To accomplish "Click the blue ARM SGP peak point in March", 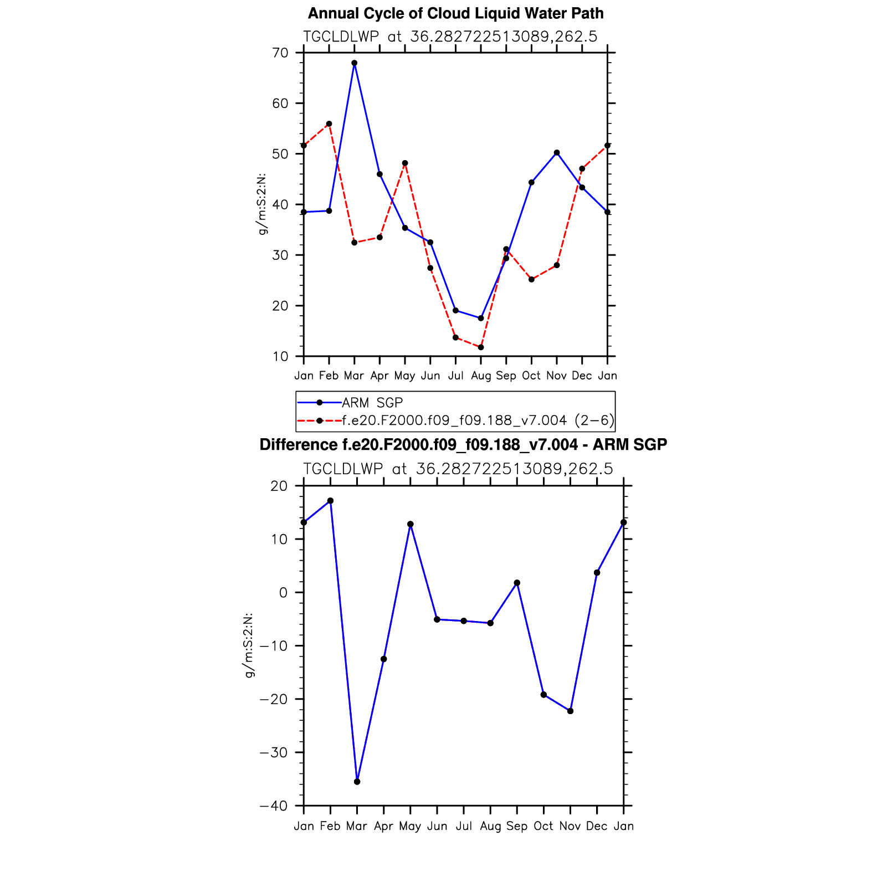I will point(355,63).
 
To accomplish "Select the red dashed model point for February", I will point(329,124).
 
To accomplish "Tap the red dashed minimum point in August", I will point(481,347).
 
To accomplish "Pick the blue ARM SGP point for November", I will point(557,153).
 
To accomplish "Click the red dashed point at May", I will point(405,163).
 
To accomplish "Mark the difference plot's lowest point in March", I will point(357,782).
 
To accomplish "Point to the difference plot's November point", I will point(571,711).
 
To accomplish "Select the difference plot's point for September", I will point(517,583).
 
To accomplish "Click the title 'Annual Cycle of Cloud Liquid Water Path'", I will point(455,13).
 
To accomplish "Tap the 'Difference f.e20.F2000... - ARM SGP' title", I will point(463,444).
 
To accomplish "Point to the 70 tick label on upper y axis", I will point(280,53).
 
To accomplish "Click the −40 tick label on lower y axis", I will point(274,806).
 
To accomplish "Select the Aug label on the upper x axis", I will point(481,376).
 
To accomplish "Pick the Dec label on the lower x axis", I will point(597,826).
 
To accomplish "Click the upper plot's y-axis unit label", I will point(263,204).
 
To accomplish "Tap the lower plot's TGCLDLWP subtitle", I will point(458,469).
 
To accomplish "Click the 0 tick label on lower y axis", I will point(284,593).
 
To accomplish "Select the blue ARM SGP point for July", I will point(455,310).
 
